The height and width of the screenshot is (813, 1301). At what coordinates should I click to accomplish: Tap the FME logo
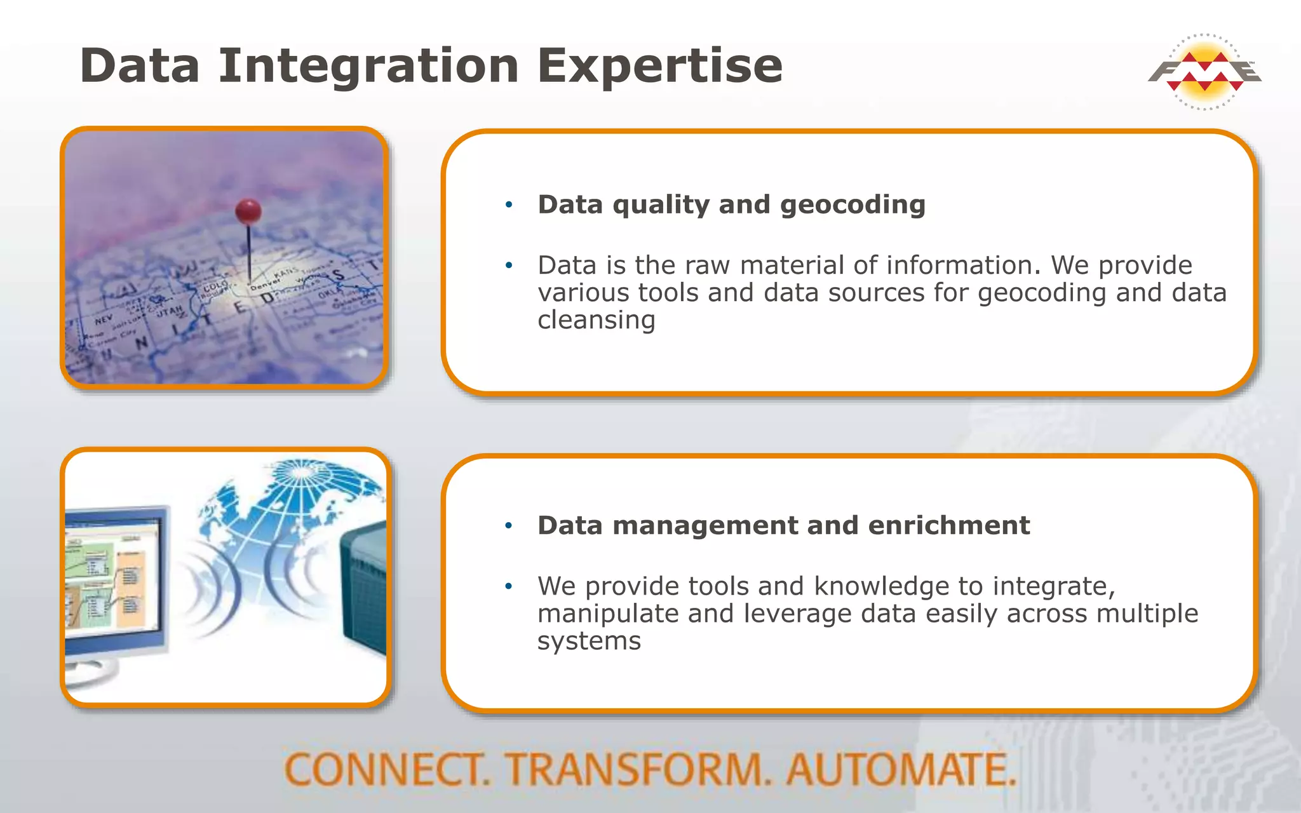(x=1204, y=72)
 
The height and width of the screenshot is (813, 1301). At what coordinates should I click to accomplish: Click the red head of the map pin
(x=248, y=211)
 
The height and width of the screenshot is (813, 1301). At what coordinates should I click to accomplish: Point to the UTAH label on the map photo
(x=170, y=311)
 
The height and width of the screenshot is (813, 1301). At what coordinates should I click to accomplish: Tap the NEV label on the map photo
(x=104, y=318)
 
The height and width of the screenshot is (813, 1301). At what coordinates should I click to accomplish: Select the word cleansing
(x=596, y=319)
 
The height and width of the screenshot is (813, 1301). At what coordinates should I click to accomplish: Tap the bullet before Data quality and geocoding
(x=508, y=205)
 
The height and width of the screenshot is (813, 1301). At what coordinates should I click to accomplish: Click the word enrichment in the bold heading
(x=948, y=525)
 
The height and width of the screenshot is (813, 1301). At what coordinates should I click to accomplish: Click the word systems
(x=589, y=641)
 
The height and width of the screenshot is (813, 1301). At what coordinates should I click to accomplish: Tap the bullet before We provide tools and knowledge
(x=508, y=586)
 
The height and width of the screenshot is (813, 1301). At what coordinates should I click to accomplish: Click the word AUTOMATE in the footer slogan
(x=901, y=770)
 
